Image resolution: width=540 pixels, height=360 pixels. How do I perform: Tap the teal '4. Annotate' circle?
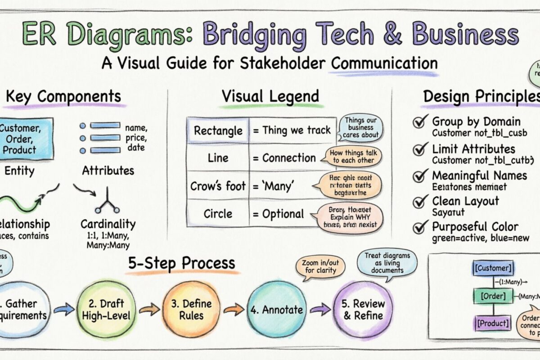tap(276, 310)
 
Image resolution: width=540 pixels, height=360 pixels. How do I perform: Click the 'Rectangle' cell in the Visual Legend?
tap(217, 131)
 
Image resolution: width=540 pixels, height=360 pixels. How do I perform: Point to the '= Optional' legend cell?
tap(277, 214)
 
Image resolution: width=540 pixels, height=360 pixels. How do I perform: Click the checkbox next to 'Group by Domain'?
tap(420, 122)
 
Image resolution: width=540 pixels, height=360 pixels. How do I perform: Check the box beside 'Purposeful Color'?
tap(420, 227)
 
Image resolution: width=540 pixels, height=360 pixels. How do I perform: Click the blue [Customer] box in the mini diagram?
tap(493, 269)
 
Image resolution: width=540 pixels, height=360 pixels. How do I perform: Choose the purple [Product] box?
tap(492, 323)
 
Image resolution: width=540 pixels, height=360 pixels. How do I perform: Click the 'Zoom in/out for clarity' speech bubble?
tap(319, 267)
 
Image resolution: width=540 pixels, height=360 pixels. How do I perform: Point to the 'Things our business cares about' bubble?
tap(360, 127)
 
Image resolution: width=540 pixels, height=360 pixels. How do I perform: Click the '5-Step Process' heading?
tap(181, 263)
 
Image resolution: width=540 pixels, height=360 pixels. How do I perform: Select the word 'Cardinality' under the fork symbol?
tap(108, 224)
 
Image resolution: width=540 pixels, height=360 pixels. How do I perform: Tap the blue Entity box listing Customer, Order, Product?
tap(26, 139)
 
